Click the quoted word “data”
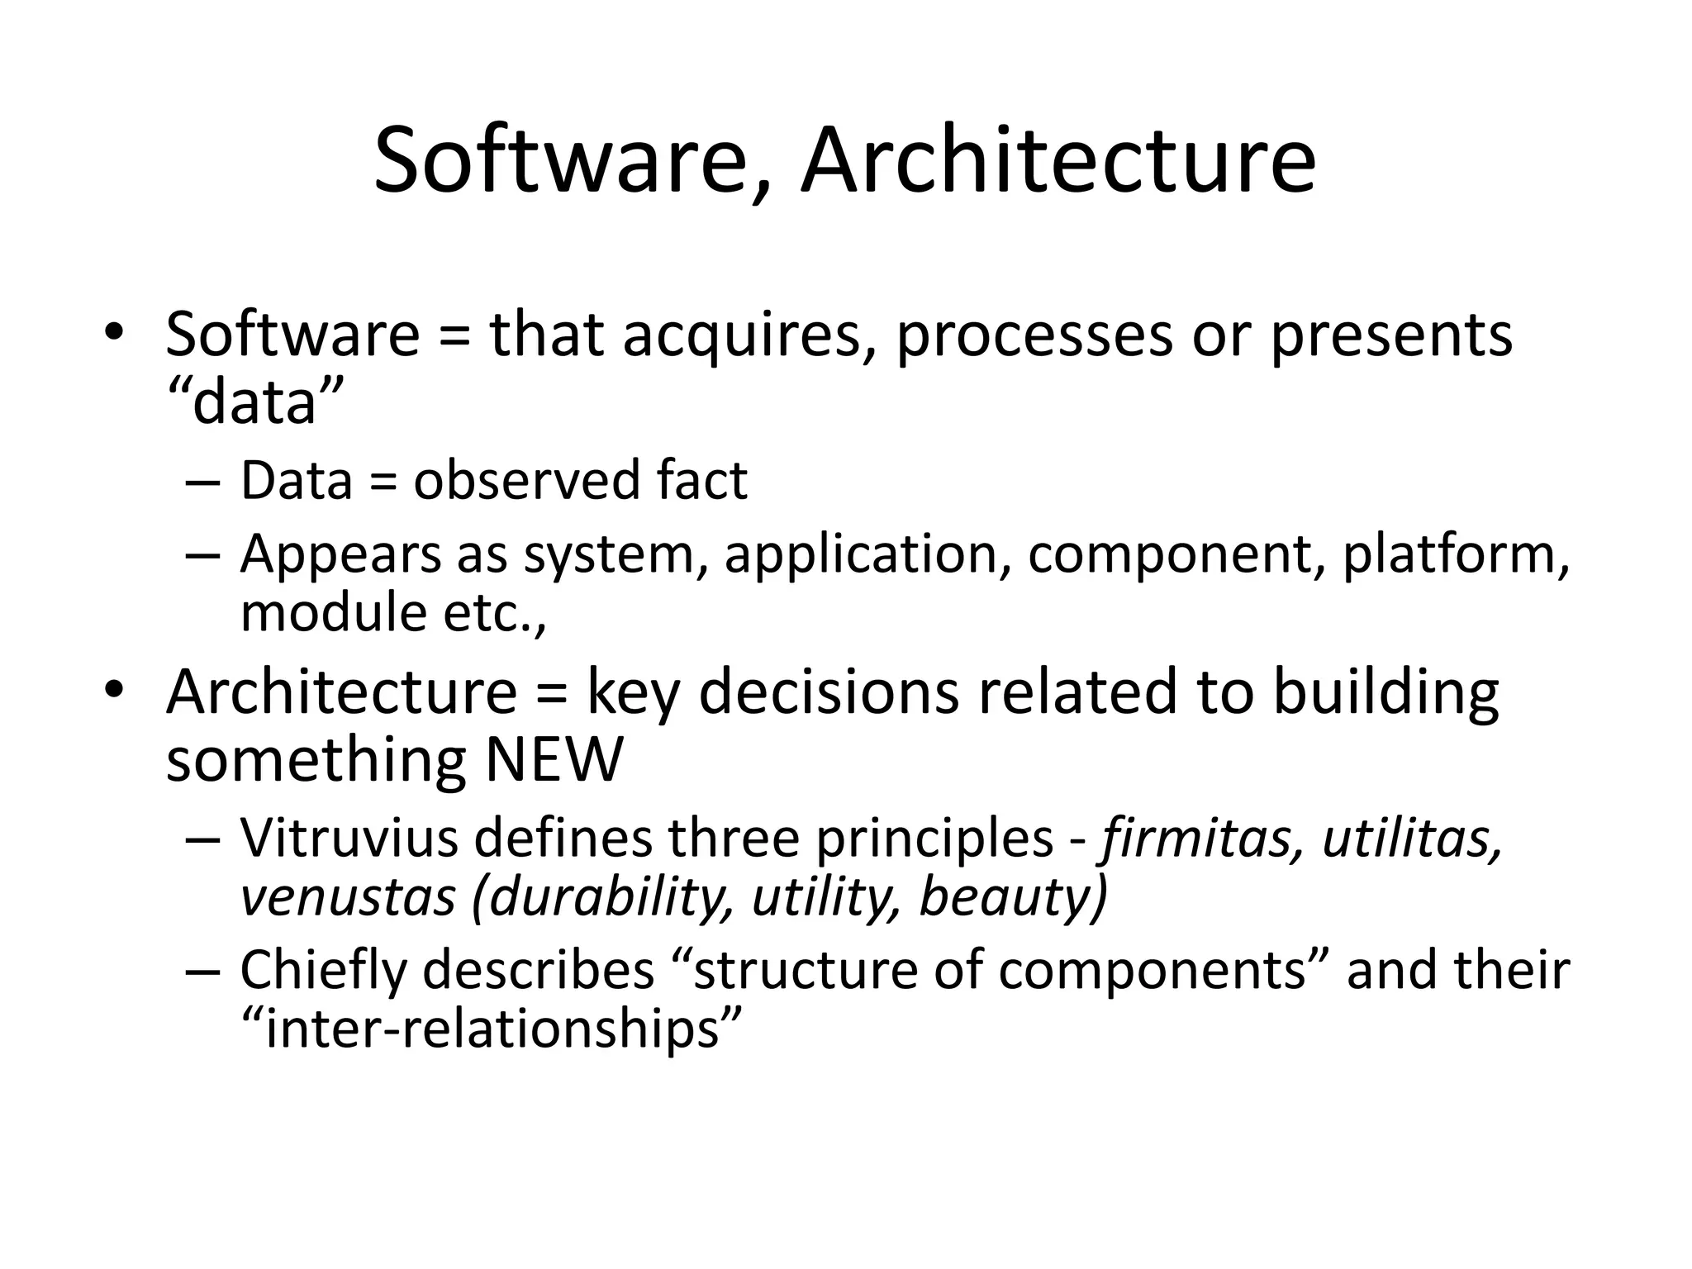254,402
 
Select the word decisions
829,692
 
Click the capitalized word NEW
554,760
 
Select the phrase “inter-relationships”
492,1029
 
